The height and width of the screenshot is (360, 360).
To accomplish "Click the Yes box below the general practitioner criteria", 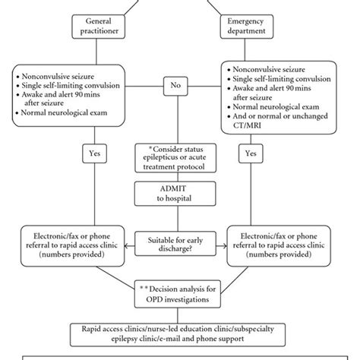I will tap(95, 153).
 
